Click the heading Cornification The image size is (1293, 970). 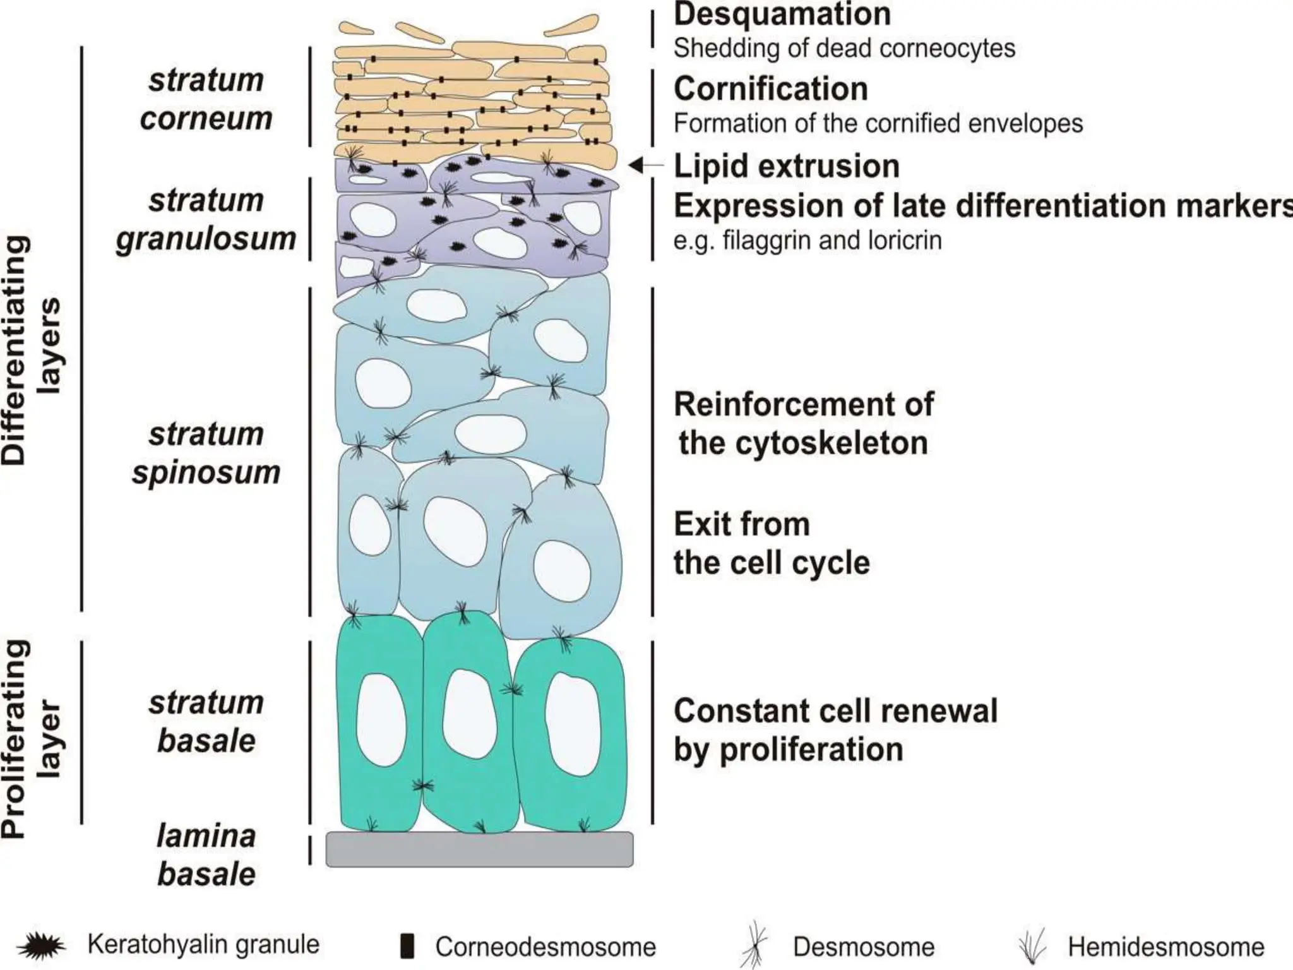pyautogui.click(x=770, y=89)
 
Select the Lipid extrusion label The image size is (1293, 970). pyautogui.click(x=786, y=167)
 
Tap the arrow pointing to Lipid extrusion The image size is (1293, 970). pyautogui.click(x=644, y=165)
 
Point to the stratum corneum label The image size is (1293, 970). pyautogui.click(x=206, y=99)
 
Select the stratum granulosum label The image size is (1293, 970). pyautogui.click(x=206, y=219)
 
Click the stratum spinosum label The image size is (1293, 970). pyautogui.click(x=206, y=453)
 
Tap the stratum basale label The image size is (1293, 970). pyautogui.click(x=206, y=721)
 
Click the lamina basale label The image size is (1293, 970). pyautogui.click(x=206, y=855)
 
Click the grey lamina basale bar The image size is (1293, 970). pyautogui.click(x=479, y=849)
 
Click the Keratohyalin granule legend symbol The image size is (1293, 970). pyautogui.click(x=42, y=946)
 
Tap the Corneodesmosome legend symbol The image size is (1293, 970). pyautogui.click(x=408, y=945)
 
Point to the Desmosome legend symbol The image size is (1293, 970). pyautogui.click(x=756, y=945)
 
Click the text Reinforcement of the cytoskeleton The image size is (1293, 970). pyautogui.click(x=803, y=423)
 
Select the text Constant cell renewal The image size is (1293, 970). pyautogui.click(x=835, y=711)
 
